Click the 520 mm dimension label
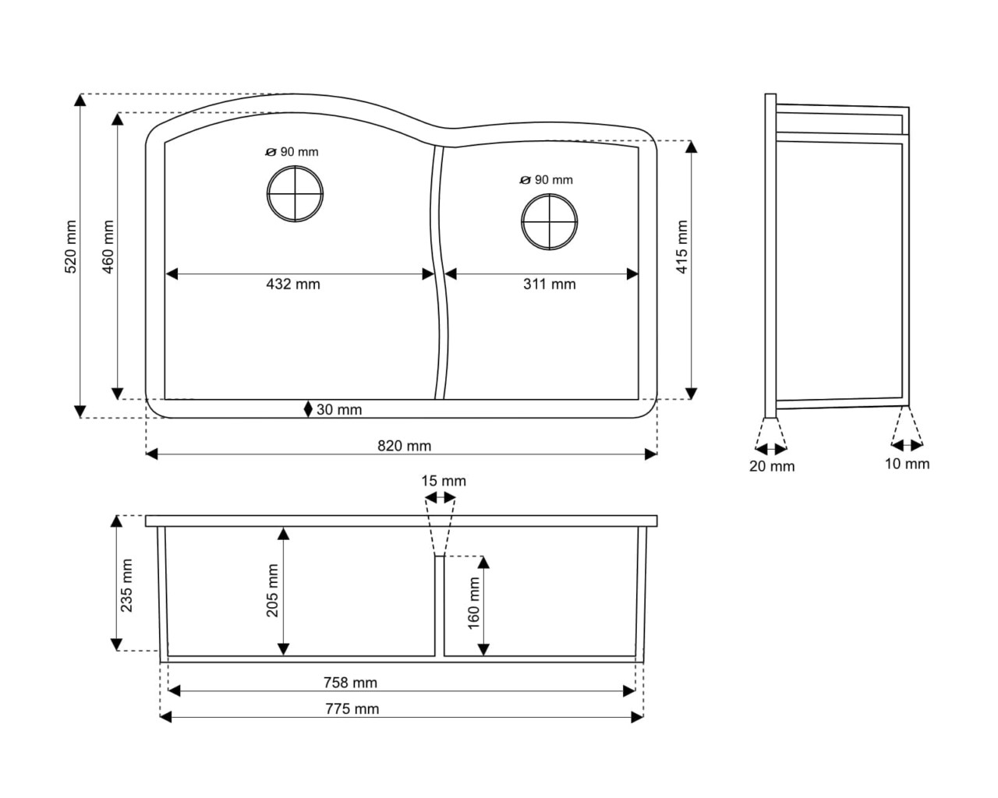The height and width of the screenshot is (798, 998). (70, 247)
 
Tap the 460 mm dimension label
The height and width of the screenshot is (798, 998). (108, 247)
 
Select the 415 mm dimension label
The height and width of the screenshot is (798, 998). (681, 247)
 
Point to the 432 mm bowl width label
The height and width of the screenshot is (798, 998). (293, 284)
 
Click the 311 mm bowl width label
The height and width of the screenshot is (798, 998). (550, 284)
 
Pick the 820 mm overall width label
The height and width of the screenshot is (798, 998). (405, 446)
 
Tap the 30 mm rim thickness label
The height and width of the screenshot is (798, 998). (339, 409)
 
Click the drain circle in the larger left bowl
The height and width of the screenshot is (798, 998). (295, 193)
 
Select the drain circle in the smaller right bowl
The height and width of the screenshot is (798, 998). (549, 221)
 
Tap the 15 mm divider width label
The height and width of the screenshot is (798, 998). (444, 481)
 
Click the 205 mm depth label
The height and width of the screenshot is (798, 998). (272, 590)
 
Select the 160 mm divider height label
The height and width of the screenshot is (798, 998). (473, 603)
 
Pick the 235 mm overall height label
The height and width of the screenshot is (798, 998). (126, 585)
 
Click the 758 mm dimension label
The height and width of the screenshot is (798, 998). (350, 683)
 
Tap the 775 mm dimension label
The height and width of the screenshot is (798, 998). (352, 709)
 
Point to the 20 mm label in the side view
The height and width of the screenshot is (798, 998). (772, 466)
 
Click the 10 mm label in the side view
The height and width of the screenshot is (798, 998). (907, 464)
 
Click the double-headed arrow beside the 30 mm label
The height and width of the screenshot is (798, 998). (308, 409)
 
